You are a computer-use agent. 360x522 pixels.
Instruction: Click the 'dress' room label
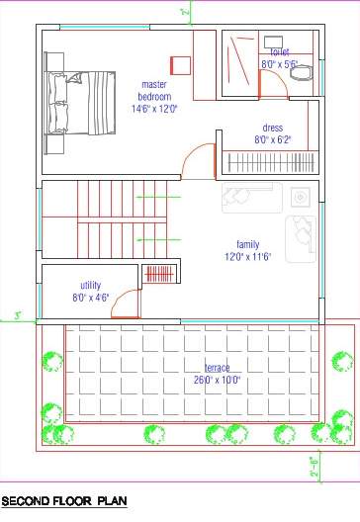[273, 128]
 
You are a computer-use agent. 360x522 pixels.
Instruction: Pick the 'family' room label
[247, 244]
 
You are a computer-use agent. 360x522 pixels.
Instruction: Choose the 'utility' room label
[90, 285]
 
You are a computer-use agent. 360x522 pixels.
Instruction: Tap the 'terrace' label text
[217, 367]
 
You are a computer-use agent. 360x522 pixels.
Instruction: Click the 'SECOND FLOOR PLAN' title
[65, 502]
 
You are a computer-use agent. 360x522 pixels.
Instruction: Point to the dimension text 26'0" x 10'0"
[217, 380]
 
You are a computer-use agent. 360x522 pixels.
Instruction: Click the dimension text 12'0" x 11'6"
[247, 257]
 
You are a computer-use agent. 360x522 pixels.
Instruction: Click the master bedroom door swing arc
[201, 158]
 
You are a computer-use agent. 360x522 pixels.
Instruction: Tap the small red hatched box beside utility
[158, 273]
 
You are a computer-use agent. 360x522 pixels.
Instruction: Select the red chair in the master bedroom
[180, 64]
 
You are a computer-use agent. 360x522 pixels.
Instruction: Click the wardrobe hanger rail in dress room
[272, 160]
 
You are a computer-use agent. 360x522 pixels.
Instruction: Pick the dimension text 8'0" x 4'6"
[90, 297]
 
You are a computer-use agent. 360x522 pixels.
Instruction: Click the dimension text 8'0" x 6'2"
[273, 140]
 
